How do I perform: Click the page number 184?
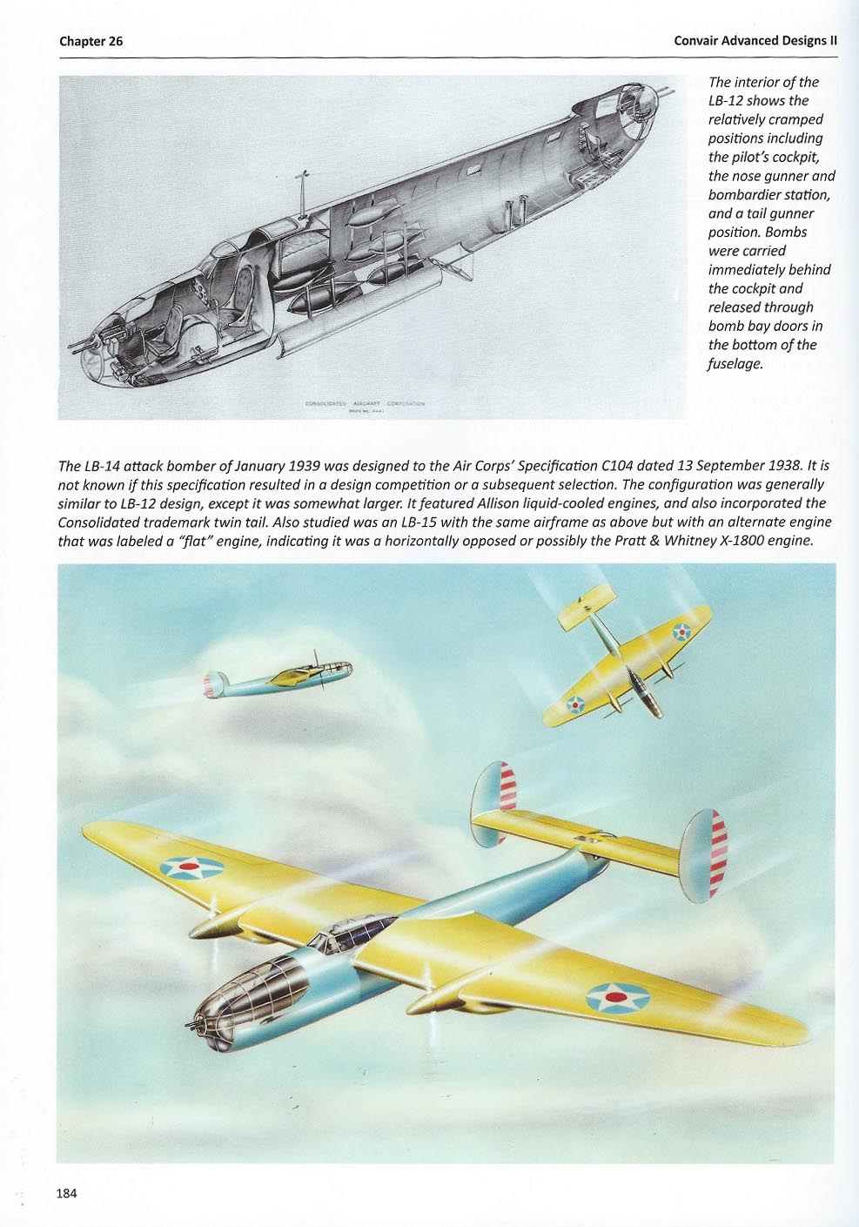pyautogui.click(x=66, y=1193)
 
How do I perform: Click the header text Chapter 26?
pyautogui.click(x=91, y=41)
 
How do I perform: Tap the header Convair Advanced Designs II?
pyautogui.click(x=755, y=41)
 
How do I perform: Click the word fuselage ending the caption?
pyautogui.click(x=735, y=364)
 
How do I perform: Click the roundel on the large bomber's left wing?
pyautogui.click(x=191, y=866)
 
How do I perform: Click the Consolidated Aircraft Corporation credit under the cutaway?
pyautogui.click(x=365, y=404)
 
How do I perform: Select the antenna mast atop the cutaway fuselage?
pyautogui.click(x=304, y=191)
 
